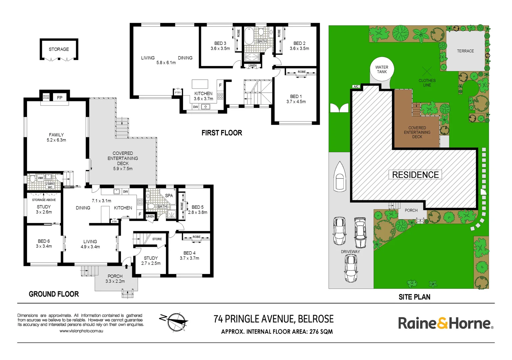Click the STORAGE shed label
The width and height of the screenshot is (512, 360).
point(59,49)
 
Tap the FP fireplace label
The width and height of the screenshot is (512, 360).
point(60,98)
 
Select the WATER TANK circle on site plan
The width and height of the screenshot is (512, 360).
point(382,69)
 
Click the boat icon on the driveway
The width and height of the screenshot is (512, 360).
point(340,177)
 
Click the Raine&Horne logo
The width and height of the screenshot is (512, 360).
point(445,323)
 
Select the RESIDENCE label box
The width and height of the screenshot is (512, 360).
point(415,175)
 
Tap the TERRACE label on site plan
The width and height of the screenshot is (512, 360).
point(465,51)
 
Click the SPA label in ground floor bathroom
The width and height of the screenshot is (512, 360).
point(169,196)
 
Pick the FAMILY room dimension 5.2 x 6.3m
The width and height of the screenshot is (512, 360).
point(56,140)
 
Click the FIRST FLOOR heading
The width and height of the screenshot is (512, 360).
point(222,133)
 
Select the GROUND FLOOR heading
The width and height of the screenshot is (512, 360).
point(54,294)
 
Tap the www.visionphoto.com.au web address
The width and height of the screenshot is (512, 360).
point(81,331)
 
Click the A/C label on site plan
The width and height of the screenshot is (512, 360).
point(356,87)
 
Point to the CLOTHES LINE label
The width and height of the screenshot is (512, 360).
point(427,83)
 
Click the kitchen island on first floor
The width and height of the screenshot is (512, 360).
point(200,84)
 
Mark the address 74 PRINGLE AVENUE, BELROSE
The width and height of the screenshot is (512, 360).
point(273,319)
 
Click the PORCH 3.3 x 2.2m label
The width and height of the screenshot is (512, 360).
point(115,279)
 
